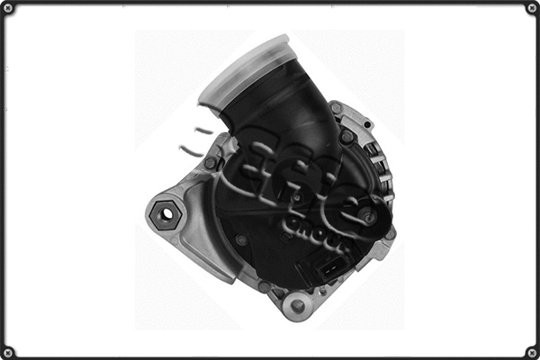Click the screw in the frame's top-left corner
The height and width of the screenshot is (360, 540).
click(8, 8)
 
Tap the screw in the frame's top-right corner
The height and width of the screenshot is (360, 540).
click(531, 8)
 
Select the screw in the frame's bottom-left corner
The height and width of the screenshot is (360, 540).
click(8, 351)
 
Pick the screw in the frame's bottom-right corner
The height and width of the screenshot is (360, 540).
click(531, 351)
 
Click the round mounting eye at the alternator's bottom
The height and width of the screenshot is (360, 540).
click(297, 306)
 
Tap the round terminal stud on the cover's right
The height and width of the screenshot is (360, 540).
click(369, 218)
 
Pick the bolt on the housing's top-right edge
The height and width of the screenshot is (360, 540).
click(336, 109)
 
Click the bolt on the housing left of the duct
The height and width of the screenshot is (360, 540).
click(210, 163)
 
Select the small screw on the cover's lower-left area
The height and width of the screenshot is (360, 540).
click(241, 240)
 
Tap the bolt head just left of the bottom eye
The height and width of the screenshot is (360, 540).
click(265, 287)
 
